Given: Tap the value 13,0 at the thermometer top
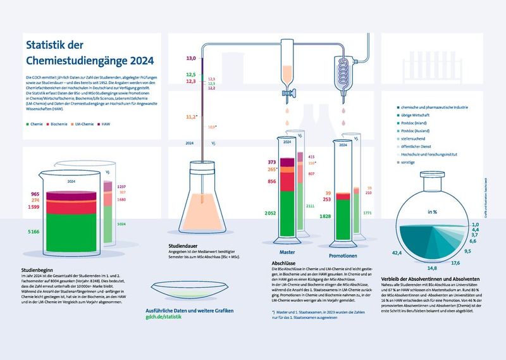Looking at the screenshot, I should tap(190, 58).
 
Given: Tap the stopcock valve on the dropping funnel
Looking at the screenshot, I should tap(290, 93).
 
